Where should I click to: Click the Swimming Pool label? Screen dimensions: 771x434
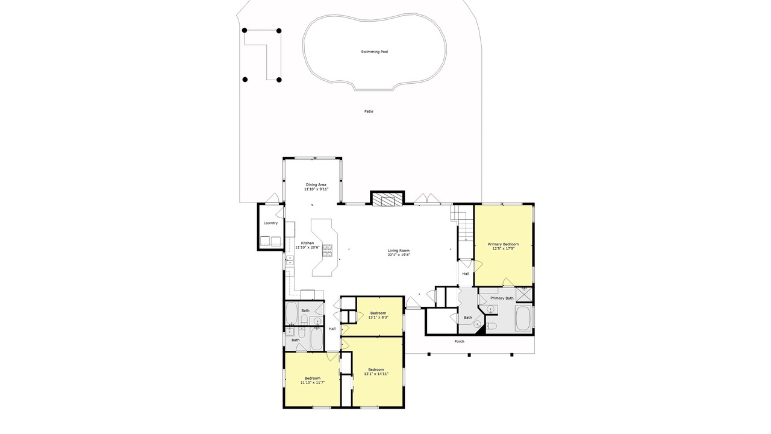pyautogui.click(x=375, y=52)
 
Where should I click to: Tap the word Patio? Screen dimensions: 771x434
pyautogui.click(x=369, y=112)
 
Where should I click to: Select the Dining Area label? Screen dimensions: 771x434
pyautogui.click(x=316, y=184)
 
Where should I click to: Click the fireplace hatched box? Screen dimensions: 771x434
pyautogui.click(x=387, y=200)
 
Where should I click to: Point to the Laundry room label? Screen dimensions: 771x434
pyautogui.click(x=270, y=223)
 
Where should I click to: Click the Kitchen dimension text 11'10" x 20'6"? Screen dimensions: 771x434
pyautogui.click(x=307, y=247)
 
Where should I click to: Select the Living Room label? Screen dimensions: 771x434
pyautogui.click(x=399, y=250)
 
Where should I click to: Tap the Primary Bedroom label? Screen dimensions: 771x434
pyautogui.click(x=503, y=244)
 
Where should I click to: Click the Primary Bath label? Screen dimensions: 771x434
pyautogui.click(x=502, y=298)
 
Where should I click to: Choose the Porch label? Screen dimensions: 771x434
pyautogui.click(x=459, y=341)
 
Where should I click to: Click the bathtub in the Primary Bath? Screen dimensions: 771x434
pyautogui.click(x=523, y=318)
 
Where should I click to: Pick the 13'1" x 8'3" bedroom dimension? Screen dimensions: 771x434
pyautogui.click(x=378, y=317)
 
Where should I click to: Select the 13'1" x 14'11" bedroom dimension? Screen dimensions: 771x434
pyautogui.click(x=376, y=374)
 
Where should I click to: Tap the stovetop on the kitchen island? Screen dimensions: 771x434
pyautogui.click(x=327, y=250)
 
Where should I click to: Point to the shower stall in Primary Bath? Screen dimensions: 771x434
pyautogui.click(x=523, y=295)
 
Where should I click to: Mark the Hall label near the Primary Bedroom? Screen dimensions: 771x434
pyautogui.click(x=466, y=274)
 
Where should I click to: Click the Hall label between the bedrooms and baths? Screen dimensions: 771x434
pyautogui.click(x=332, y=329)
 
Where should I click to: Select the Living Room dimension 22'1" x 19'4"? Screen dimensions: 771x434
pyautogui.click(x=399, y=255)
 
